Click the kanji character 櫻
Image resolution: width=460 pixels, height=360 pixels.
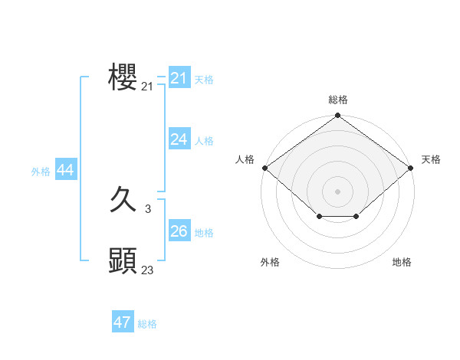(x=123, y=77)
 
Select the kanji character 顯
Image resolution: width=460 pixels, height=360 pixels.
(x=123, y=261)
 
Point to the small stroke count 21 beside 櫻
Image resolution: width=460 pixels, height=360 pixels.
(x=147, y=87)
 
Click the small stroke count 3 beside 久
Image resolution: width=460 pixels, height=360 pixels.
(x=147, y=209)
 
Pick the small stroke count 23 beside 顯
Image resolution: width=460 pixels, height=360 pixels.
(x=147, y=270)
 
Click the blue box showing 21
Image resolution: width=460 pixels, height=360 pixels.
(x=179, y=78)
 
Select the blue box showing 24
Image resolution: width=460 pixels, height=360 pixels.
(x=179, y=139)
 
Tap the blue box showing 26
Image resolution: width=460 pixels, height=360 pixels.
(x=179, y=231)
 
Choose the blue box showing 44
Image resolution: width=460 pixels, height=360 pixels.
(x=65, y=171)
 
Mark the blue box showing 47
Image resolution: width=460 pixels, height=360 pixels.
(x=123, y=322)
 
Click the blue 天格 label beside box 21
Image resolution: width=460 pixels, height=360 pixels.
(x=204, y=80)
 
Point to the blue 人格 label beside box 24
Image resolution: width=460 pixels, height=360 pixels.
(x=204, y=141)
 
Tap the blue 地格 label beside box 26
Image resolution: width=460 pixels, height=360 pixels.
(x=204, y=233)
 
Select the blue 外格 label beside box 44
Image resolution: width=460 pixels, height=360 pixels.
(x=41, y=172)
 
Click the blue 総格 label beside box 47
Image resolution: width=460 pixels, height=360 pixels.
(x=147, y=324)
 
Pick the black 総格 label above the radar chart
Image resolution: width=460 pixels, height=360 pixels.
(x=338, y=100)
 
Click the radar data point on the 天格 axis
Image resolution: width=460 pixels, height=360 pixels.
(x=412, y=168)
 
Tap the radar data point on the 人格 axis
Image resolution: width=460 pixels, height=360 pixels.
(x=264, y=168)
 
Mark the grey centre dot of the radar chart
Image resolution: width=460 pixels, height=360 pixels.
(x=338, y=191)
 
